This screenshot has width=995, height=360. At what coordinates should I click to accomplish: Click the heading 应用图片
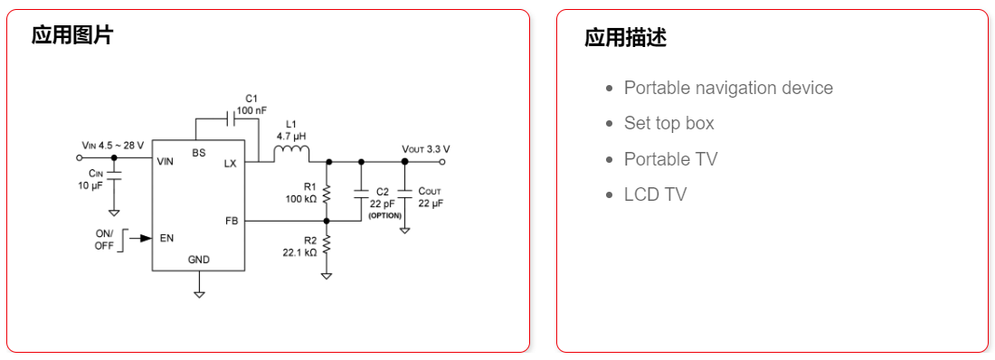click(72, 35)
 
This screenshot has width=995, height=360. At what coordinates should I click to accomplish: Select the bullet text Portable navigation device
click(728, 88)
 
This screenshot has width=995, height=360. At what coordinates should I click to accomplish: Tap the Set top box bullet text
click(668, 123)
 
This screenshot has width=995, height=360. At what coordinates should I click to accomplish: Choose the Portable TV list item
click(670, 159)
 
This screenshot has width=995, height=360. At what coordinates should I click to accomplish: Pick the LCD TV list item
click(655, 194)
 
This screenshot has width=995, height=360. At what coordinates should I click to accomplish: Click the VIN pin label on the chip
click(165, 162)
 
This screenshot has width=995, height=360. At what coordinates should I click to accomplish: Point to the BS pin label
click(198, 153)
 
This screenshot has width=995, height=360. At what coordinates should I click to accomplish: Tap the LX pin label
click(230, 163)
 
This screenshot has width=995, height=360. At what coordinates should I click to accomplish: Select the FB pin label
click(231, 221)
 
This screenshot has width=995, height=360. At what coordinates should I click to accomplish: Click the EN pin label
click(166, 239)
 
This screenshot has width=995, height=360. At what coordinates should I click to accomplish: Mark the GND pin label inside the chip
click(199, 260)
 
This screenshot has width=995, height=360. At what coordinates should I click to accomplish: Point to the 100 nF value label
click(251, 110)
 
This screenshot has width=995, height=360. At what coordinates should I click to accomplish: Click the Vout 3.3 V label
click(425, 148)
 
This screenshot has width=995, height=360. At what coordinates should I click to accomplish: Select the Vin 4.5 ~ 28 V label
click(112, 145)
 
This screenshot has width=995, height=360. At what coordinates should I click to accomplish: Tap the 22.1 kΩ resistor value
click(299, 252)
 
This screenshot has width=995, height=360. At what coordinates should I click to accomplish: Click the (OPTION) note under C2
click(384, 214)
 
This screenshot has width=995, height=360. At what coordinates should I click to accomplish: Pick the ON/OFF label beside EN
click(105, 239)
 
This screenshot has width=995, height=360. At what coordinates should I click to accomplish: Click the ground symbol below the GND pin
click(200, 294)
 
